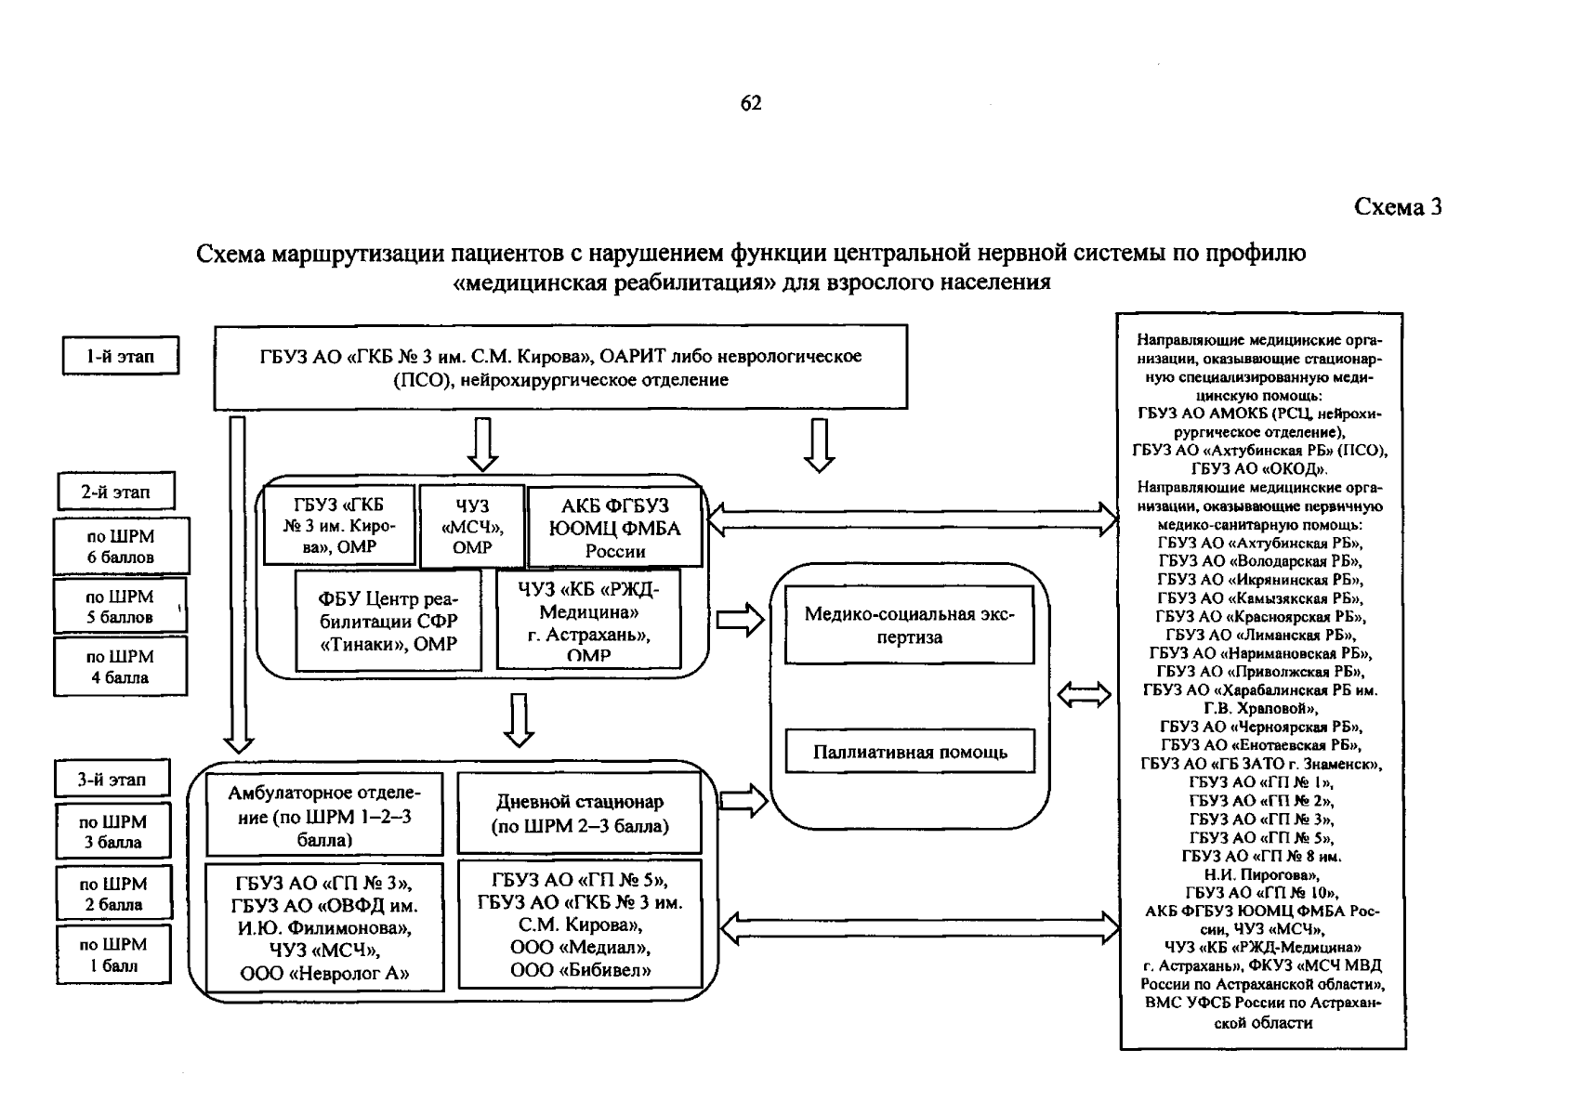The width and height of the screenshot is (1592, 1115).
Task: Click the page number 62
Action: [751, 103]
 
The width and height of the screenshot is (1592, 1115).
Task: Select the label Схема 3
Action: [1398, 207]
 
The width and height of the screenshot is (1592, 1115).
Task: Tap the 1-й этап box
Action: [121, 356]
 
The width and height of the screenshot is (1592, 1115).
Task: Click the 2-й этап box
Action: [115, 492]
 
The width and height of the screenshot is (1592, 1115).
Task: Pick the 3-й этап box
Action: [112, 780]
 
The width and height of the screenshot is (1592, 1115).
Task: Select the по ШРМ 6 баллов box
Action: [121, 546]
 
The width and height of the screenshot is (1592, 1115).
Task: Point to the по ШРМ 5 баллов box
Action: [120, 607]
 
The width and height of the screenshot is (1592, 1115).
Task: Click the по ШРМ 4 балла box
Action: [120, 666]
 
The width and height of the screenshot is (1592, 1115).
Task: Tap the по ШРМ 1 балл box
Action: [113, 954]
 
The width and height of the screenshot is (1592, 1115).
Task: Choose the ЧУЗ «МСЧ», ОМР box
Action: [471, 526]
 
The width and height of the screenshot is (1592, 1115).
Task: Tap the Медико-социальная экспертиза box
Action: [909, 625]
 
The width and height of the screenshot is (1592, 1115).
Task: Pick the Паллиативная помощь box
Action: [909, 753]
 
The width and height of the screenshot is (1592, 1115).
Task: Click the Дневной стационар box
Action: [579, 813]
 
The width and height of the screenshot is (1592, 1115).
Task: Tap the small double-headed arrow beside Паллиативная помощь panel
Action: [1085, 694]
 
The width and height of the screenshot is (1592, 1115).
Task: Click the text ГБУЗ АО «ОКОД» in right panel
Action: [1259, 469]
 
